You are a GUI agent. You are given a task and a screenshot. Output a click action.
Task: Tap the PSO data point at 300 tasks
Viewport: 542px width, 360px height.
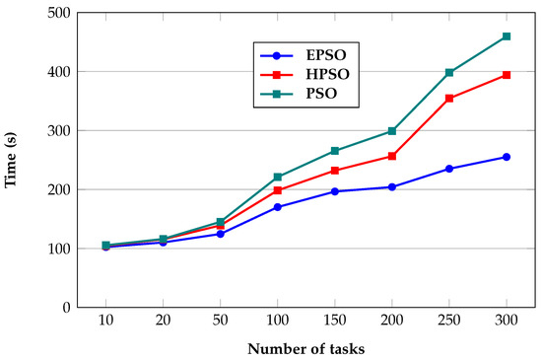(x=507, y=36)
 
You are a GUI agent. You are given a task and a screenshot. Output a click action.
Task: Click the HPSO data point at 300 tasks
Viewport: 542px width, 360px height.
(x=507, y=75)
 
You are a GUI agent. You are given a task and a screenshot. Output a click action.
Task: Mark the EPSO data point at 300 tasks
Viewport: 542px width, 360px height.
(x=507, y=157)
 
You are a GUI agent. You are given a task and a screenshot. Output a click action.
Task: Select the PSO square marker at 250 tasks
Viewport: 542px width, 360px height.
(x=449, y=72)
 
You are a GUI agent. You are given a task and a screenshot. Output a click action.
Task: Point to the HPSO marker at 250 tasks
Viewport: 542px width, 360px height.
(x=449, y=98)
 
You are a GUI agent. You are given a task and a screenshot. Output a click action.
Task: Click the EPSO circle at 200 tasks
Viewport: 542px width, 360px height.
(x=392, y=186)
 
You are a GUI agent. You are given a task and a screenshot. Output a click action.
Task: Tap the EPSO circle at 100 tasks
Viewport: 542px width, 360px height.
(x=278, y=207)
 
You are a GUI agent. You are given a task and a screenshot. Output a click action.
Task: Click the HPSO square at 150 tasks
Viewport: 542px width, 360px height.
(x=335, y=171)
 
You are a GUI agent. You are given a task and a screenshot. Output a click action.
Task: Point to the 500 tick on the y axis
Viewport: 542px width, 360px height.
(x=65, y=13)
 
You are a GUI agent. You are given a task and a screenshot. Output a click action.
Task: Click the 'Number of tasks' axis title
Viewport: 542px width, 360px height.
(x=306, y=349)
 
